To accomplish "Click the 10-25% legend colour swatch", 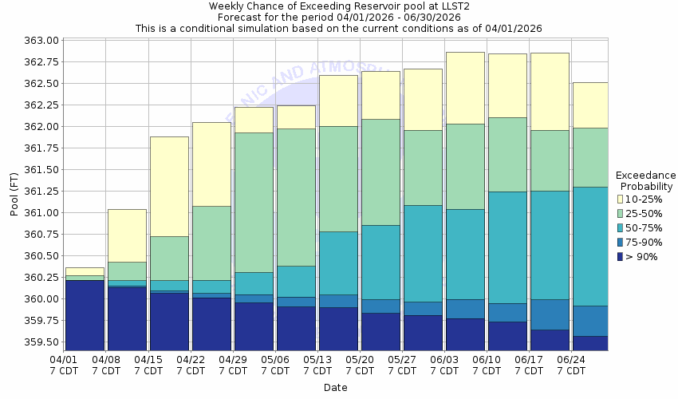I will [620, 199].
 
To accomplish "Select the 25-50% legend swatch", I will [620, 213].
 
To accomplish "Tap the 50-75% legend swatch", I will [620, 227].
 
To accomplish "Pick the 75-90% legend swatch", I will [620, 242].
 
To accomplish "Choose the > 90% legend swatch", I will [620, 256].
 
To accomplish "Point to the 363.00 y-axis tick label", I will [41, 41].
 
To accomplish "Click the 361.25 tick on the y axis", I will [41, 192].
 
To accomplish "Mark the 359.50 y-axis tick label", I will [41, 342].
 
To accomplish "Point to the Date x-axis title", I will [336, 388].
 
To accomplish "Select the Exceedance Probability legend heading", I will [645, 180].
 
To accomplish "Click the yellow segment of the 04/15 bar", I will [169, 186].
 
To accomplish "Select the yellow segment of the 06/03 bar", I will [464, 88].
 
